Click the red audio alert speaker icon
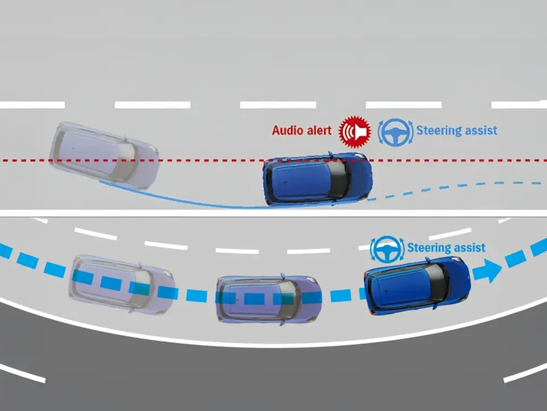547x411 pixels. pos(353,131)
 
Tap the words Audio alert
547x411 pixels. pos(301,130)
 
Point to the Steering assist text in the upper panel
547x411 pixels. pos(457,130)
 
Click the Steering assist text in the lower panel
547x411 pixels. pos(446,248)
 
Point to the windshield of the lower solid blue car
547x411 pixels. pos(439,280)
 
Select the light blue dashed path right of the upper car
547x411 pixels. pos(459,187)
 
